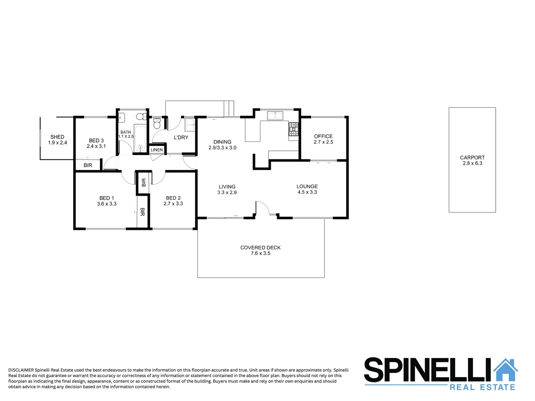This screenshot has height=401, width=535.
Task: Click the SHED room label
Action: point(57,137)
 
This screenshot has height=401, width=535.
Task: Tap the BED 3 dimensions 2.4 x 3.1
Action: point(96,146)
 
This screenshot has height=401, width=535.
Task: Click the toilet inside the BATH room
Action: point(141,117)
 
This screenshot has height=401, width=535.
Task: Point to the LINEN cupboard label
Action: point(157,150)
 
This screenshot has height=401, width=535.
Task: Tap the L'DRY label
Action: point(181,137)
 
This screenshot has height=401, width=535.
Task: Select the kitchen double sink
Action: point(275,115)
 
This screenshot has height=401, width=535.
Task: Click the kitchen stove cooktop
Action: point(294,129)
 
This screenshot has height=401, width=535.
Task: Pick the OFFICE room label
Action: point(323,136)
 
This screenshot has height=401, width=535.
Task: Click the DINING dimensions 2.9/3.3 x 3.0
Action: point(222,148)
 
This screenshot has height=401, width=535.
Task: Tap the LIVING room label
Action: point(227,187)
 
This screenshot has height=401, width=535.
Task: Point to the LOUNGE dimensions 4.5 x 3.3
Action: point(307,192)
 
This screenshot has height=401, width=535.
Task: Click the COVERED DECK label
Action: point(260,248)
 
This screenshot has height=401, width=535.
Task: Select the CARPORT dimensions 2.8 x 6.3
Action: point(472,163)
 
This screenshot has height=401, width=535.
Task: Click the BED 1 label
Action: point(107,198)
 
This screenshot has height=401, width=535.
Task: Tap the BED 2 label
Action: point(173,198)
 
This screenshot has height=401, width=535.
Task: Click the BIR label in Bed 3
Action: point(88,165)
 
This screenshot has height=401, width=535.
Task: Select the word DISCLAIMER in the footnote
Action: point(21,370)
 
